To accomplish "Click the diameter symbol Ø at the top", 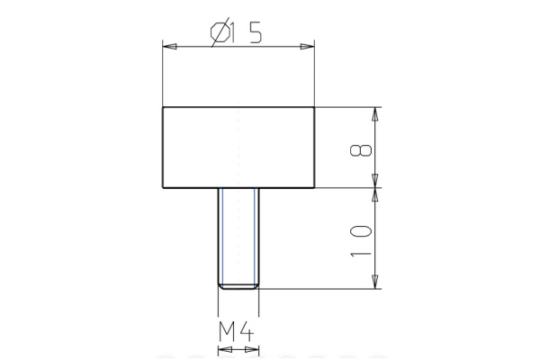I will click(x=219, y=33).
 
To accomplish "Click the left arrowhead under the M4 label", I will click(x=223, y=346).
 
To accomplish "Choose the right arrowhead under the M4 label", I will click(x=253, y=346).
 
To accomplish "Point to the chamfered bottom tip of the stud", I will click(x=238, y=286).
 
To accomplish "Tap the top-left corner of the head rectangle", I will click(x=163, y=107).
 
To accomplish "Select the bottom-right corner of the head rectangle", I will click(x=315, y=187).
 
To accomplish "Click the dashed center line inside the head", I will click(x=238, y=148).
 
